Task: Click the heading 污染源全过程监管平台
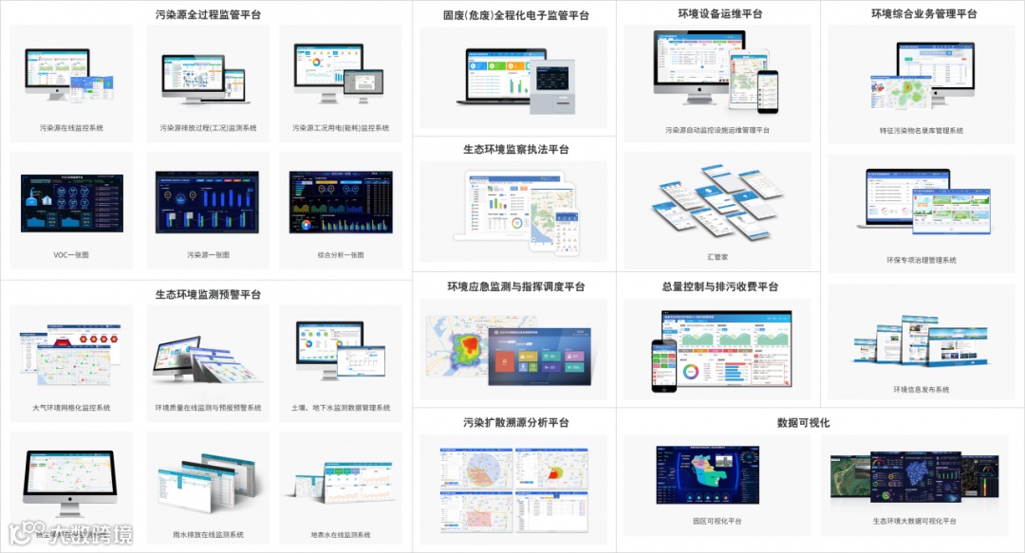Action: point(208,14)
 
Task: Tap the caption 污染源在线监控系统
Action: point(72,127)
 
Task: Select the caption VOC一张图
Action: point(72,255)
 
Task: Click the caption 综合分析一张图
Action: point(341,255)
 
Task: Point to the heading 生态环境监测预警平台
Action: point(208,294)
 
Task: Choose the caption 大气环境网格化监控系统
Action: point(72,408)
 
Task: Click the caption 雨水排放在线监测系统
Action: point(207,535)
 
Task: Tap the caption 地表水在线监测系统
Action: point(341,535)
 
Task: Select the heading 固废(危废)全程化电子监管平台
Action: point(515,14)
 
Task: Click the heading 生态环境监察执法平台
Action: point(515,149)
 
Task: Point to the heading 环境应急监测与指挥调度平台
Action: point(515,286)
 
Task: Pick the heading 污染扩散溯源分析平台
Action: point(515,422)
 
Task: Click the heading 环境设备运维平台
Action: point(719,14)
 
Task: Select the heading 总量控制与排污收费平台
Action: point(719,286)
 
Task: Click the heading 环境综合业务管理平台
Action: point(923,14)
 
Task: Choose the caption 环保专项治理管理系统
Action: point(922,260)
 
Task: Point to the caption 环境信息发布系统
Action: point(922,390)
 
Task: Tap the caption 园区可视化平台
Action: point(717,522)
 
